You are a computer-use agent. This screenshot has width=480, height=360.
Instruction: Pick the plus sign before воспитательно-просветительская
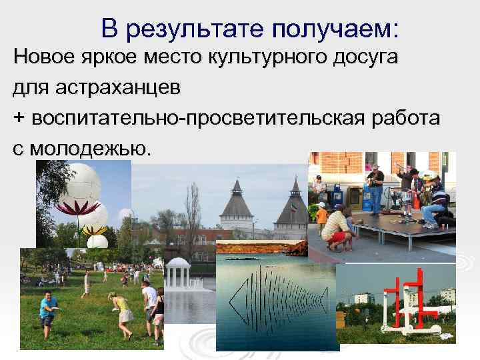pyautogui.click(x=19, y=119)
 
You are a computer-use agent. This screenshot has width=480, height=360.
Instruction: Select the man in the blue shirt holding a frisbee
pyautogui.click(x=48, y=310)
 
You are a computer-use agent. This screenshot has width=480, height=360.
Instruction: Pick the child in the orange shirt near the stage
pyautogui.click(x=321, y=220)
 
